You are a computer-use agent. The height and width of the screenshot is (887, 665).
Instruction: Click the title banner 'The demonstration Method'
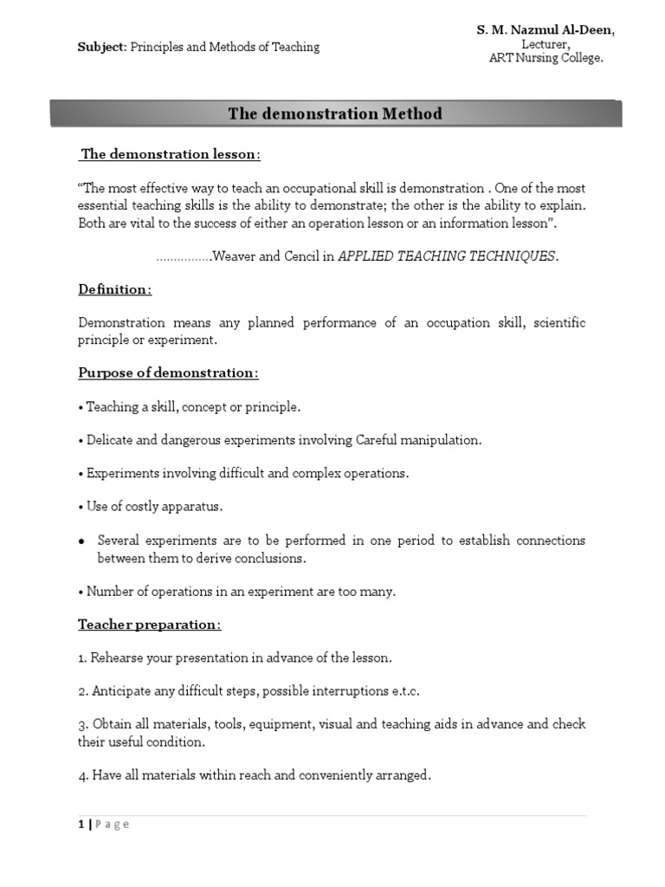[x=334, y=113]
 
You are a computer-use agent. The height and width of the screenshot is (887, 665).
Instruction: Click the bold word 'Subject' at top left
[x=102, y=47]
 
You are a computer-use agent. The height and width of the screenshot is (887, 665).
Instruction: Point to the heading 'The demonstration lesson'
[x=170, y=154]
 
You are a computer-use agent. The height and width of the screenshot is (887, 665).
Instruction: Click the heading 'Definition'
[x=114, y=289]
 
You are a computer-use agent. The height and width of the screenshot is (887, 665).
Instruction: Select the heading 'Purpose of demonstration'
[x=168, y=372]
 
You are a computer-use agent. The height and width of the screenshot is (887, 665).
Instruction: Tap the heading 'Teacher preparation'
[x=150, y=625]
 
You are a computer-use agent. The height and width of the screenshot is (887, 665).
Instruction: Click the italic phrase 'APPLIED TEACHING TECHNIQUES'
[x=447, y=256]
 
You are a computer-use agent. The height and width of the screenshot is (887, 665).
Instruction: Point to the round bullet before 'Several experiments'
[x=81, y=541]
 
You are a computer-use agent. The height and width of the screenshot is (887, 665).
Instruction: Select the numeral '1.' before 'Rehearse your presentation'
[x=83, y=657]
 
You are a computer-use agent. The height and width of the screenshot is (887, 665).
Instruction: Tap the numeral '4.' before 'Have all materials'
[x=83, y=775]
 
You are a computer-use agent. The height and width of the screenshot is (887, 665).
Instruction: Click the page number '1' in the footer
[x=81, y=825]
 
